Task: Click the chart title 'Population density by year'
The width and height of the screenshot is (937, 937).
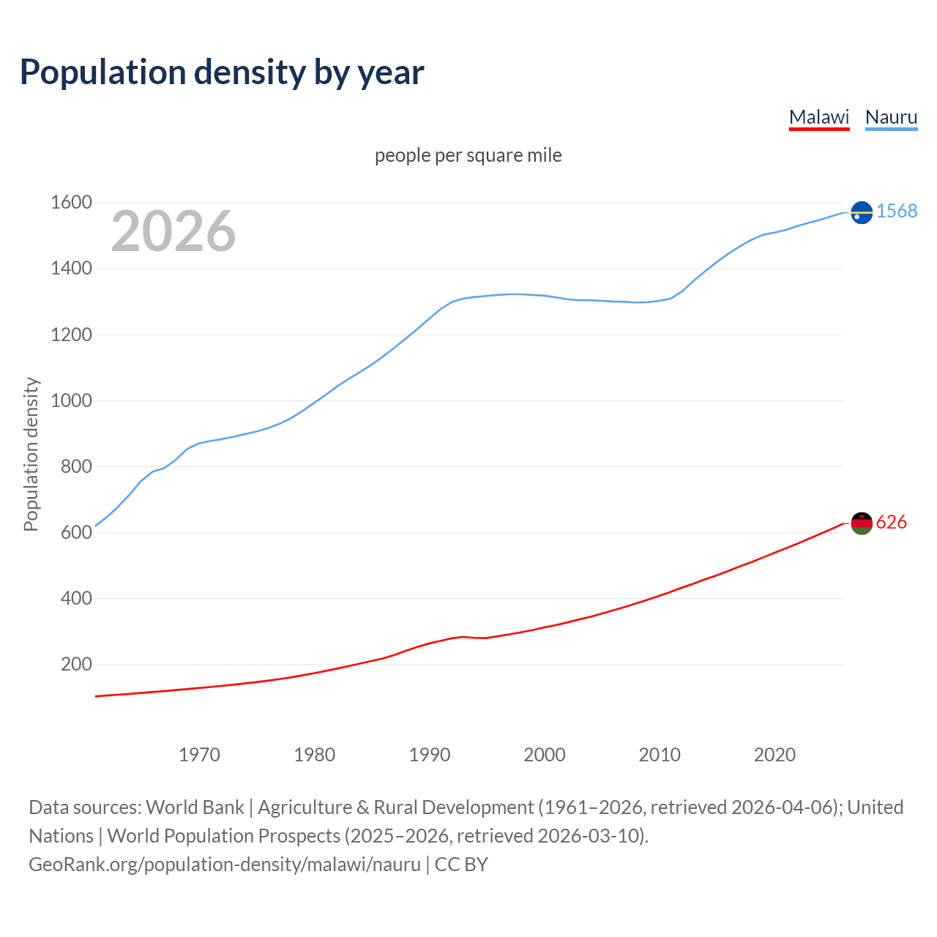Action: click(x=222, y=72)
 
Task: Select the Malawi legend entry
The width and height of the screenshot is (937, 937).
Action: click(x=818, y=117)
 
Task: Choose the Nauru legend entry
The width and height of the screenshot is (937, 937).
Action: click(x=891, y=117)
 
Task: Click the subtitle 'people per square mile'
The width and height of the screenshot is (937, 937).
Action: click(x=468, y=156)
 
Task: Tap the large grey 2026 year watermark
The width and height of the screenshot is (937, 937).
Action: click(x=173, y=231)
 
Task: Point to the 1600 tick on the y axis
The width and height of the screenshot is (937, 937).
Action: click(x=71, y=203)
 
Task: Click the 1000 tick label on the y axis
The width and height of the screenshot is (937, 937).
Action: click(x=71, y=400)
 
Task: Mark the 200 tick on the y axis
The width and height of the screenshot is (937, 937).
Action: click(x=76, y=665)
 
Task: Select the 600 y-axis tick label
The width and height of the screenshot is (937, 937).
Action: click(x=76, y=533)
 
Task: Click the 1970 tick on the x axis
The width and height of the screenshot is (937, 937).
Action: click(x=199, y=755)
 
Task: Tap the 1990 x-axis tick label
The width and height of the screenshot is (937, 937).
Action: click(x=430, y=755)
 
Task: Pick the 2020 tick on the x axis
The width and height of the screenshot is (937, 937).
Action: click(x=774, y=755)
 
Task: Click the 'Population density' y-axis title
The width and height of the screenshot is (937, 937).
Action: click(x=31, y=454)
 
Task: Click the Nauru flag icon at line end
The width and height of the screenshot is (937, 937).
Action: click(x=862, y=212)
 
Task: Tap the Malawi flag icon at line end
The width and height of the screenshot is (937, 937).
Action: click(x=862, y=523)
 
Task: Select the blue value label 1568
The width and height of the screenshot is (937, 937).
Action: click(x=897, y=212)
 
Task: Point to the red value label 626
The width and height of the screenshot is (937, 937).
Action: click(x=891, y=522)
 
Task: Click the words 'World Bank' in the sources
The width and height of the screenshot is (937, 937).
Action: click(x=195, y=807)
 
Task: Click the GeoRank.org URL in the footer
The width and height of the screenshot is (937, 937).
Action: click(x=224, y=865)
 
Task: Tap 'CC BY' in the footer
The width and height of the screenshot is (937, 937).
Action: click(x=461, y=865)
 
